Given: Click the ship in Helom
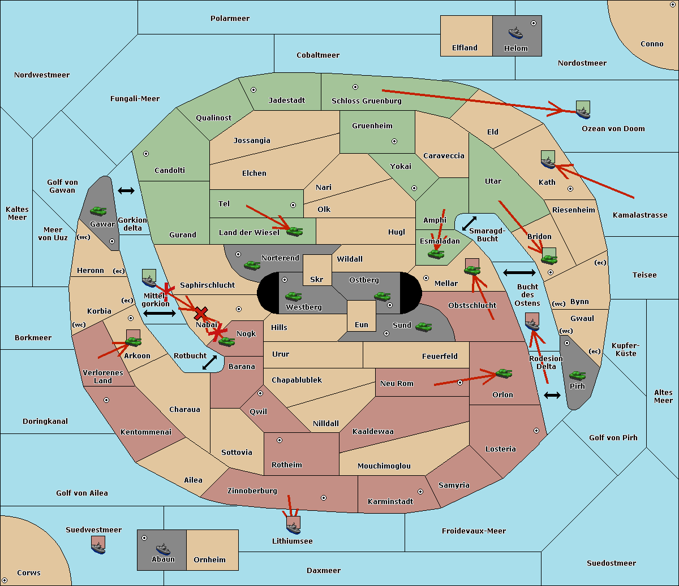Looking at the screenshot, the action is (515, 33).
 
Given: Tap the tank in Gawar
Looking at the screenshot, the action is (98, 211).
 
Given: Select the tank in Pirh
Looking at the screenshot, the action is (577, 375).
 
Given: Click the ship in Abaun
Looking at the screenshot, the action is (163, 549).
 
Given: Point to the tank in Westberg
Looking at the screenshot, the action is (293, 296).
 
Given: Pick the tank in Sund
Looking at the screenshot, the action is (423, 327).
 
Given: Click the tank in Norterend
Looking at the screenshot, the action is (252, 265).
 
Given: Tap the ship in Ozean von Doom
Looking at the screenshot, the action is (583, 112).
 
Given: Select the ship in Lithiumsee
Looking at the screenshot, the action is (293, 528).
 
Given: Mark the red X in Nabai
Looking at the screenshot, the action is (201, 313).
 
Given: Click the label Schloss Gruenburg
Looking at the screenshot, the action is (366, 101).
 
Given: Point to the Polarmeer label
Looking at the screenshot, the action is (230, 19).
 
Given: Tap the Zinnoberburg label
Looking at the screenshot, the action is (252, 491).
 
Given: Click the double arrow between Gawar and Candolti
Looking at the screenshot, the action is (126, 190).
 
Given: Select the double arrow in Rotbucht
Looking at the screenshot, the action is (209, 362).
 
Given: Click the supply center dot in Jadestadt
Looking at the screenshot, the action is (253, 90).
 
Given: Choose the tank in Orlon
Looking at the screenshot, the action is (504, 374).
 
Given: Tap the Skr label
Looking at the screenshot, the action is (316, 279).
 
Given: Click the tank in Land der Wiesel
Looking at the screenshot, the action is (294, 232).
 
